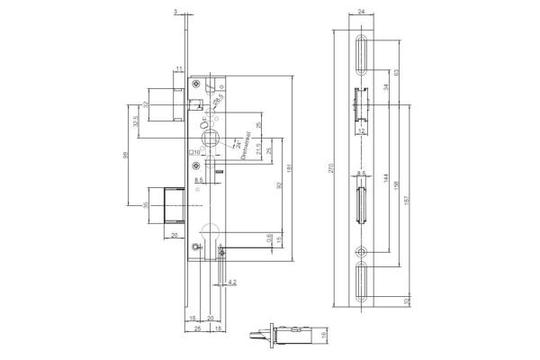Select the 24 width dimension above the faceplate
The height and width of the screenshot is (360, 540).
coord(361,12)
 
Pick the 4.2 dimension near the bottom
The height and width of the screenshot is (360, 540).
coord(231,282)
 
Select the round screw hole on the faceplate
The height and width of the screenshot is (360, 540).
coord(361,253)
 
